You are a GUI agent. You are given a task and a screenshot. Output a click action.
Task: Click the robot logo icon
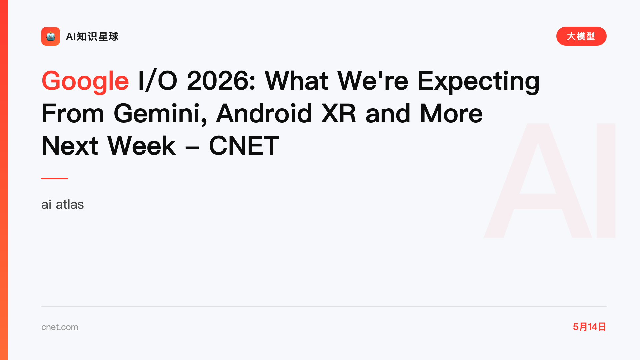(x=51, y=36)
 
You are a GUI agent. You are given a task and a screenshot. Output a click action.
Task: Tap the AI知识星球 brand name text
(x=92, y=36)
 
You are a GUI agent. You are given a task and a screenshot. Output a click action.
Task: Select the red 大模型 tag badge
(x=581, y=36)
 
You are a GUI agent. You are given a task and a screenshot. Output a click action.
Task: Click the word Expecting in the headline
(x=479, y=82)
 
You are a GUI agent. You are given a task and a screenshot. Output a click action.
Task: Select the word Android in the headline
(x=264, y=113)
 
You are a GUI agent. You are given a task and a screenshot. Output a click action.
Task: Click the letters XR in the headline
(x=339, y=113)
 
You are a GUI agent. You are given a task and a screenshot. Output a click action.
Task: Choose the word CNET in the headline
(x=244, y=146)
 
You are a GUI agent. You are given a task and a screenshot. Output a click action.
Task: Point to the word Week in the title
(x=141, y=145)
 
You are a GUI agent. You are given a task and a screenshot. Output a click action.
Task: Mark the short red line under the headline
(x=55, y=178)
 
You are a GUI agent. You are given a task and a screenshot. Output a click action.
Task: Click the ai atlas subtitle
(x=63, y=204)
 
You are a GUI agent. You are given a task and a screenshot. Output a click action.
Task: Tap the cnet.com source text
(x=60, y=327)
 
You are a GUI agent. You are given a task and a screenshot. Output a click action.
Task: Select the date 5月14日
(x=589, y=327)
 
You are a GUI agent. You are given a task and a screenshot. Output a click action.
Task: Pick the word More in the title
(x=451, y=113)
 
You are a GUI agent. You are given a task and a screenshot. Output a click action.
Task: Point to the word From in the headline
(x=73, y=113)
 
